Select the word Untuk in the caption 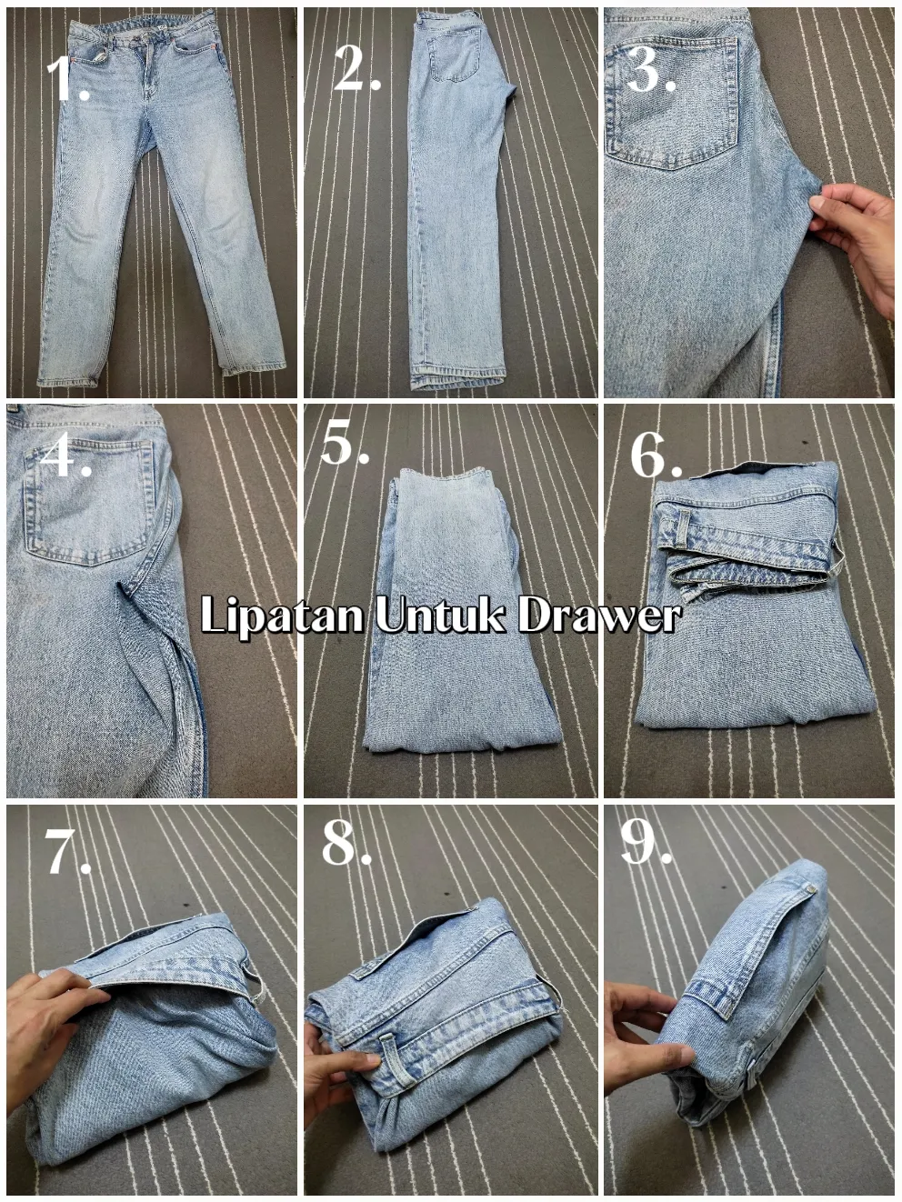tap(440, 616)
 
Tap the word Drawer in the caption tap(598, 616)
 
